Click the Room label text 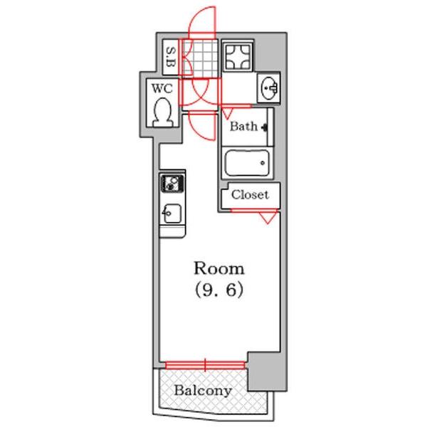coord(219,268)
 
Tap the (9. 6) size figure coord(219,290)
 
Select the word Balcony coord(203,391)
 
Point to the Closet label coord(250,195)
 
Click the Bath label coord(243,127)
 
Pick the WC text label coord(162,88)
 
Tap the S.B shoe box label coord(171,58)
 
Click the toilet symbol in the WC coord(162,112)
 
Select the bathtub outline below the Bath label coord(247,163)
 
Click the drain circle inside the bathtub coord(263,163)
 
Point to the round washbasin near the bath coord(269,88)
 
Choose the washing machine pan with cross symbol coord(238,56)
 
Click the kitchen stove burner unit coord(172,183)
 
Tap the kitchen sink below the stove coord(172,213)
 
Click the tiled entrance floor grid coord(201,58)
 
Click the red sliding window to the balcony coord(206,365)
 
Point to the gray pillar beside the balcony coord(267,371)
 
